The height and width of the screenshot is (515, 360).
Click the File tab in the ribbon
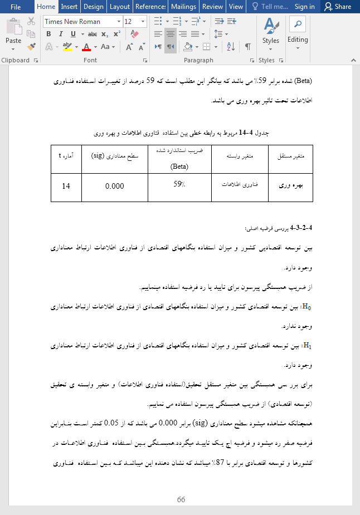pyautogui.click(x=15, y=7)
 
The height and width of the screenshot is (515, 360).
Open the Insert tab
pyautogui.click(x=69, y=7)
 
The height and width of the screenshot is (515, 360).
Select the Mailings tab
pyautogui.click(x=183, y=7)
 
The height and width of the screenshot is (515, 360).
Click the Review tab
pyautogui.click(x=212, y=7)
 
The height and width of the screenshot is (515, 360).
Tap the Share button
pyautogui.click(x=338, y=7)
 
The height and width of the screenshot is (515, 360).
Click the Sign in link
pyautogui.click(x=304, y=7)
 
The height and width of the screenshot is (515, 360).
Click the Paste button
pyautogui.click(x=13, y=33)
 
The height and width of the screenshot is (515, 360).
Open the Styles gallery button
pyautogui.click(x=271, y=32)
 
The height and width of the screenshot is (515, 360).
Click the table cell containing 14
pyautogui.click(x=66, y=187)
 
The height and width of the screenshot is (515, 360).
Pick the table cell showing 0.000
pyautogui.click(x=115, y=187)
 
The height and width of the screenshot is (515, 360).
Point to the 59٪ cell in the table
pyautogui.click(x=179, y=184)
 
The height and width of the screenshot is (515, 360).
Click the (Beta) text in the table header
pyautogui.click(x=179, y=166)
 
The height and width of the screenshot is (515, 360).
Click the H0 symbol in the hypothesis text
pyautogui.click(x=305, y=307)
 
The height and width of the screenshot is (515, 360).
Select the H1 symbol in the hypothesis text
pyautogui.click(x=305, y=346)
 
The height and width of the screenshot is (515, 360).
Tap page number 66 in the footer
pyautogui.click(x=181, y=499)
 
